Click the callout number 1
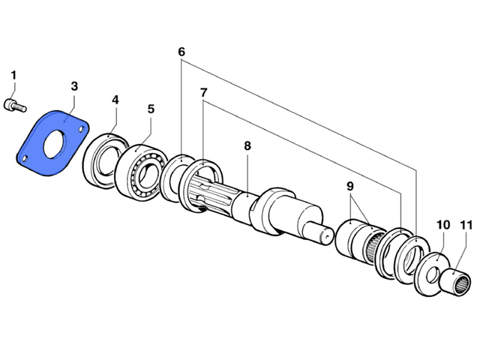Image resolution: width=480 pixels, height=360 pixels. [13, 75]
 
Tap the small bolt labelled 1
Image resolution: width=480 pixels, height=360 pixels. [15, 106]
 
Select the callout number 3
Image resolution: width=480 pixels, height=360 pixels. [74, 86]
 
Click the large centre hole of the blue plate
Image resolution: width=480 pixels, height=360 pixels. [55, 144]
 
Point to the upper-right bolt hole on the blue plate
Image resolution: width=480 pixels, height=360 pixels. [82, 130]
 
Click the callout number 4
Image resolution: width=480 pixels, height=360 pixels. [115, 100]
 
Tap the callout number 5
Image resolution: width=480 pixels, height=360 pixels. [151, 109]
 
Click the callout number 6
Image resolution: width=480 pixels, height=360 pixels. [181, 52]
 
